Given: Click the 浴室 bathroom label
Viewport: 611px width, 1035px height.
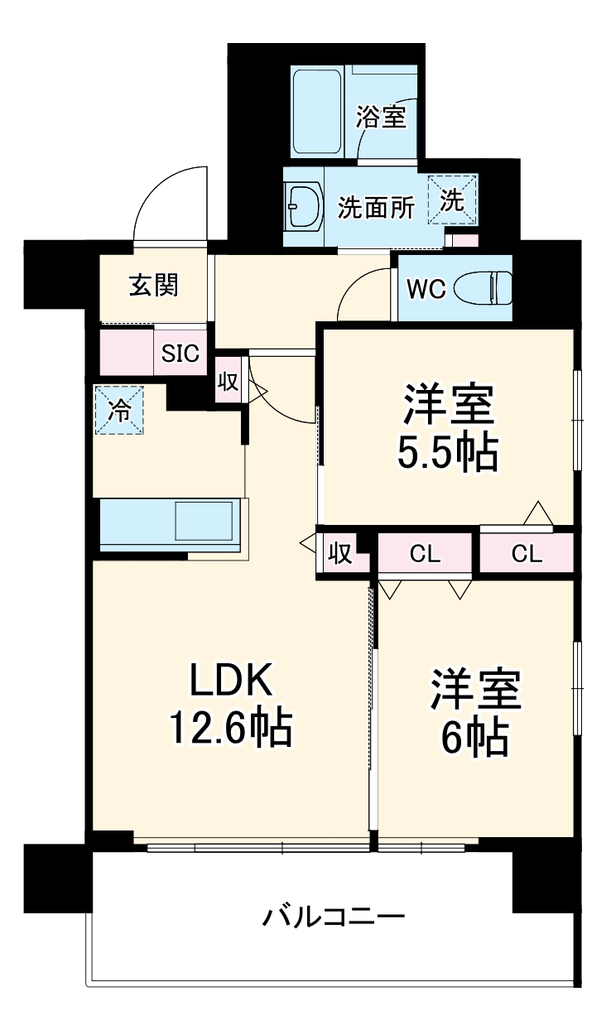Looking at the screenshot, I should pos(381,118).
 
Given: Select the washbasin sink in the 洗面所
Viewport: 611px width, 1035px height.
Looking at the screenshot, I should pos(302,207).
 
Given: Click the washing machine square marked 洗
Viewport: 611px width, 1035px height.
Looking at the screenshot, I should pos(452,199).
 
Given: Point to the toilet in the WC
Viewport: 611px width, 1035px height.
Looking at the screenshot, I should pos(488,288).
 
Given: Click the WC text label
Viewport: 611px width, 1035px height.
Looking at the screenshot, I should pos(426,289).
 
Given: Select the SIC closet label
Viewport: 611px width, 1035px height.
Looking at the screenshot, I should pos(180,354).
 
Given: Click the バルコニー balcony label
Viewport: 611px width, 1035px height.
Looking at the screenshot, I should pos(334,917).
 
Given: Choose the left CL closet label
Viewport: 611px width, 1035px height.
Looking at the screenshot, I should pos(425,554).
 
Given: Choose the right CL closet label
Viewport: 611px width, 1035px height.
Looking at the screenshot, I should pos(526,554).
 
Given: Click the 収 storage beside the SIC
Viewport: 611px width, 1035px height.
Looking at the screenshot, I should pos(228,381).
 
